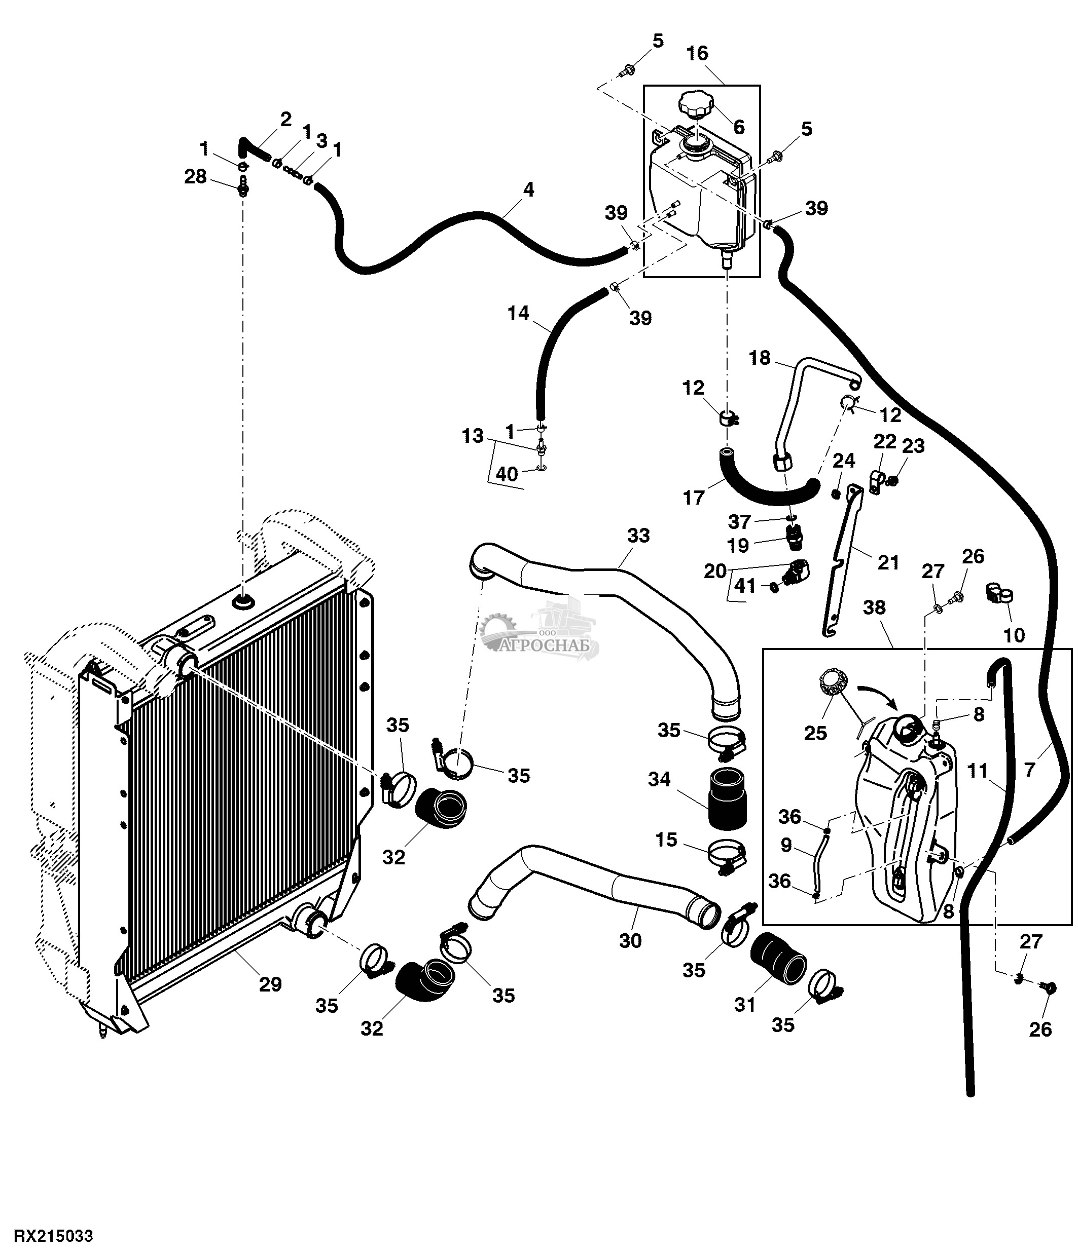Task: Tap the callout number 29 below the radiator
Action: [x=270, y=984]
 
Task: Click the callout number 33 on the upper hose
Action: [x=638, y=536]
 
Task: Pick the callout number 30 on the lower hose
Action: [x=630, y=941]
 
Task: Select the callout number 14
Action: [x=518, y=314]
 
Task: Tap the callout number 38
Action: [x=874, y=607]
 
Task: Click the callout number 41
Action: [x=745, y=586]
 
